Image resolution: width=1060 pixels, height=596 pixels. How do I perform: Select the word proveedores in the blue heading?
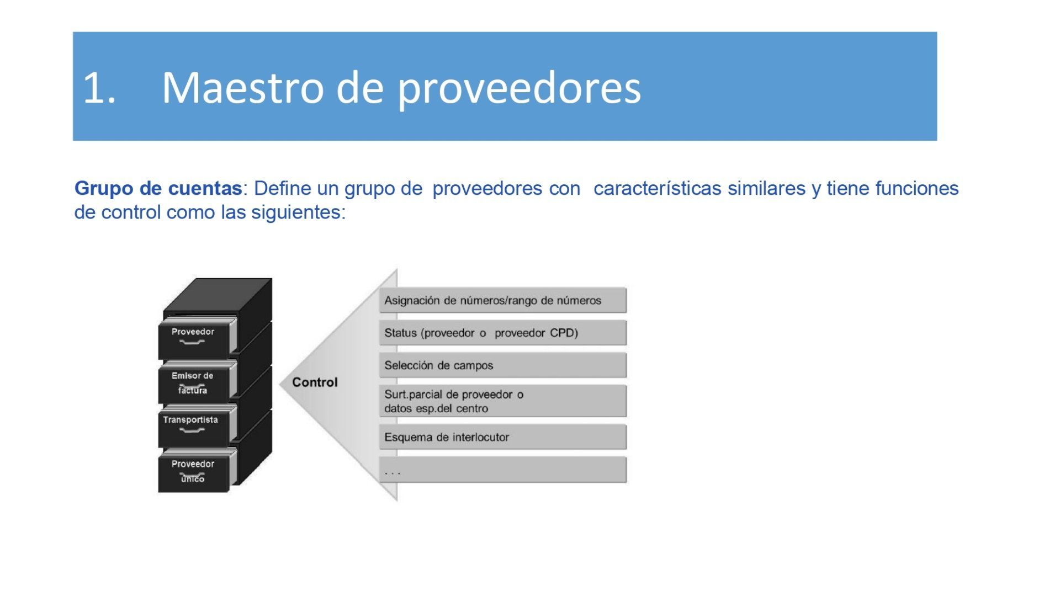point(520,88)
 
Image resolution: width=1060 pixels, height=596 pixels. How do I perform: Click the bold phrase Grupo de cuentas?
point(158,188)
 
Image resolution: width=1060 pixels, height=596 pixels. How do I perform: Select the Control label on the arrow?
point(315,382)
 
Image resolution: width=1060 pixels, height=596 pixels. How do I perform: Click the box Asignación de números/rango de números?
point(503,300)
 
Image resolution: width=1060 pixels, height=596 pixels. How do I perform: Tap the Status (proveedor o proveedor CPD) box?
point(503,333)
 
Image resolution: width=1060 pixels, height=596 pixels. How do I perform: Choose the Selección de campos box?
point(503,365)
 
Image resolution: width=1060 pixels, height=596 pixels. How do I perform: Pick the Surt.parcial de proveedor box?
point(503,401)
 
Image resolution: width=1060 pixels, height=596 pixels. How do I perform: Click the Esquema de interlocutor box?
point(503,437)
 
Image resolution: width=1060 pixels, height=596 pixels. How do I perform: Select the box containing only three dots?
point(503,470)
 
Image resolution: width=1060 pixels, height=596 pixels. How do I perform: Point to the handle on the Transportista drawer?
point(192,430)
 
